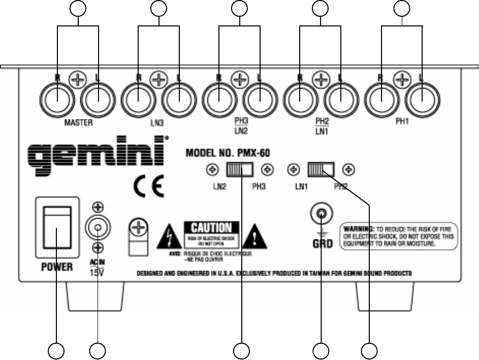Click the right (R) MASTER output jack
58,100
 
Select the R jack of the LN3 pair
139,100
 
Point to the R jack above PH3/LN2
219,100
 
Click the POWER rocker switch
56,228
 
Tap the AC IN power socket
98,227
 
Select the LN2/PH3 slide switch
241,169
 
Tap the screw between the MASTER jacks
78,80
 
